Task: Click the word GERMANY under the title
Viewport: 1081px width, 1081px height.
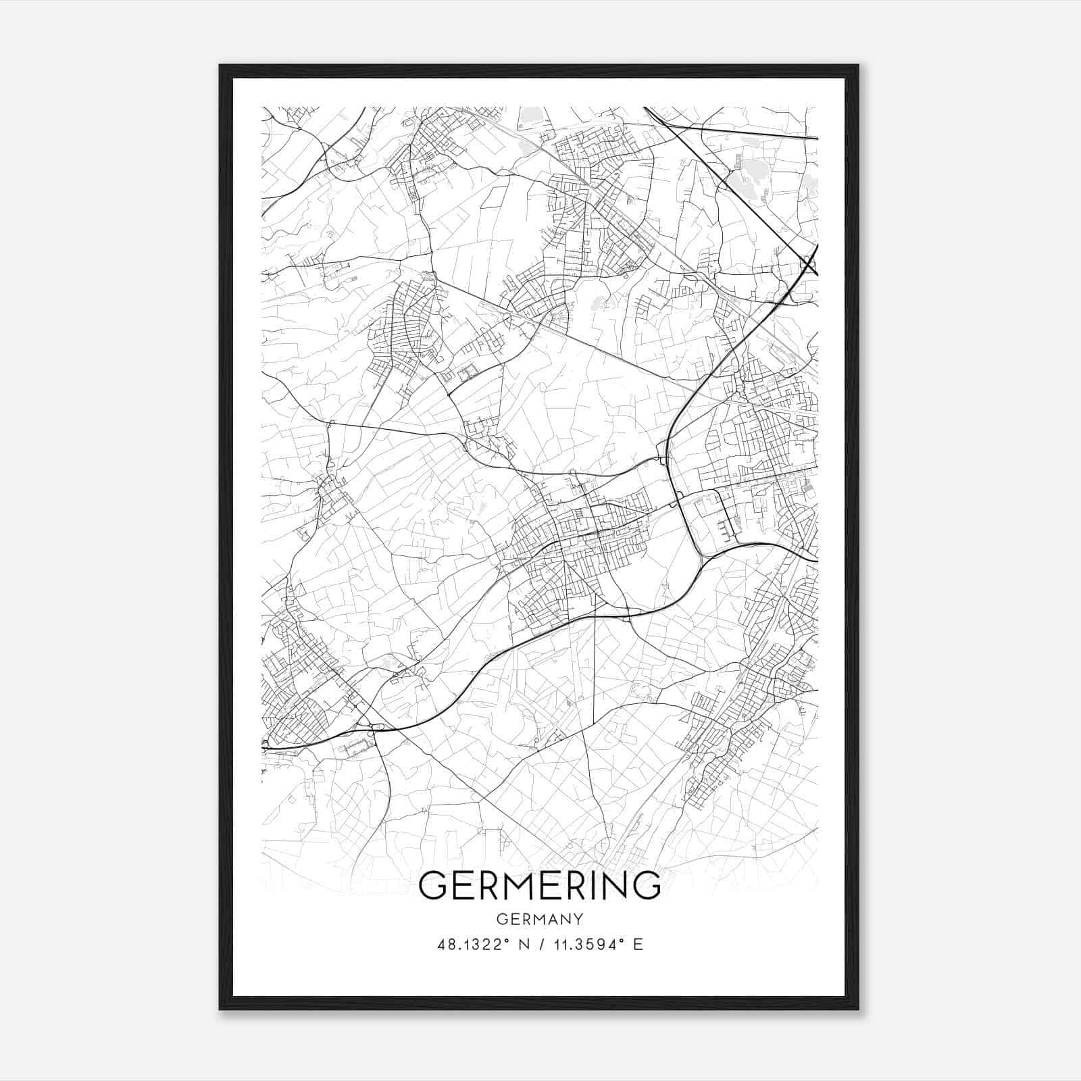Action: tap(540, 919)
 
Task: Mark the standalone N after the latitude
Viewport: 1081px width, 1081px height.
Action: tap(520, 945)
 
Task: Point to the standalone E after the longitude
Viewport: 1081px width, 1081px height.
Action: tap(638, 945)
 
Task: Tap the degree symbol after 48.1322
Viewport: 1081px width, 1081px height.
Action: tap(503, 940)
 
